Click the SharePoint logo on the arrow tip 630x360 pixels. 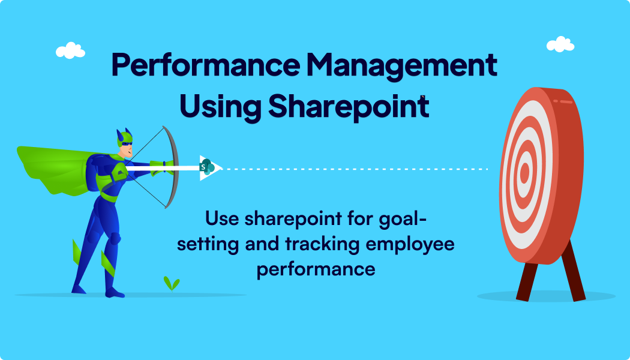(208, 167)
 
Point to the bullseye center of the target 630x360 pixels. (524, 173)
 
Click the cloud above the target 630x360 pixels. (560, 44)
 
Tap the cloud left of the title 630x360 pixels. (70, 50)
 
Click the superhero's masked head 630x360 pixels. (126, 144)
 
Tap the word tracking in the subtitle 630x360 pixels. (315, 244)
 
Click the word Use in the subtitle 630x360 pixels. (223, 218)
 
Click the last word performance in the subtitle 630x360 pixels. (316, 268)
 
